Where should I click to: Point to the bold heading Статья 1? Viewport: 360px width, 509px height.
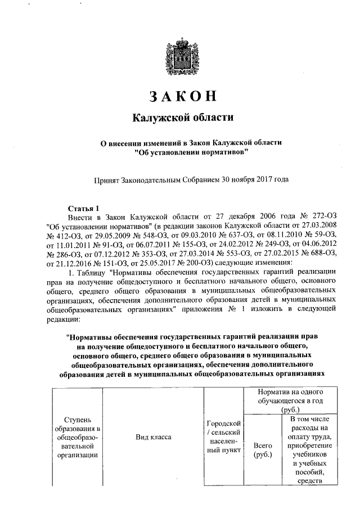coord(83,207)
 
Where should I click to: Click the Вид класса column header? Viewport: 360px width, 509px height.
coord(153,437)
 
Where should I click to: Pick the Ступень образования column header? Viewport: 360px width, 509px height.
coord(76,437)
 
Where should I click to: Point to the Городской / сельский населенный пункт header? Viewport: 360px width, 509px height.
coord(224,437)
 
